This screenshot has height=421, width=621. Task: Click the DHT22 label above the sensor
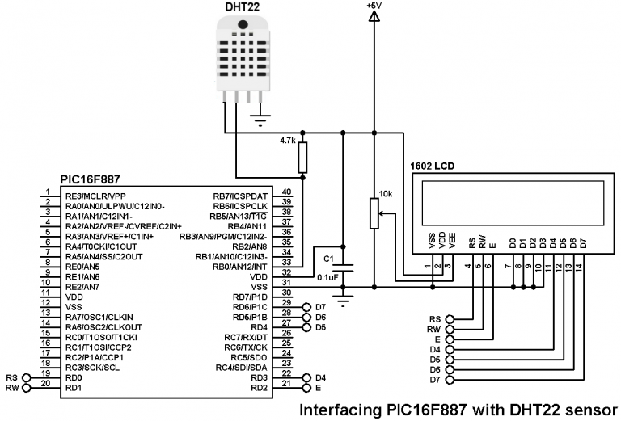(243, 8)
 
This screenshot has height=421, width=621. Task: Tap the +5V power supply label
(374, 6)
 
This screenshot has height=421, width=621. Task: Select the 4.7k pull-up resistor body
(303, 158)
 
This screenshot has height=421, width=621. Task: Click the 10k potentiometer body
(374, 215)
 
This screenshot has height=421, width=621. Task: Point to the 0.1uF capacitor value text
(328, 276)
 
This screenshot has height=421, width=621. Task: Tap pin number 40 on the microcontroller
(286, 192)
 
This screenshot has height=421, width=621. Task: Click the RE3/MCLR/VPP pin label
(95, 196)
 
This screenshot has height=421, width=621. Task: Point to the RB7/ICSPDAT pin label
(240, 196)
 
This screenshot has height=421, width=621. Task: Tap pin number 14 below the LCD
(580, 266)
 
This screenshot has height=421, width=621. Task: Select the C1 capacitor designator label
(327, 259)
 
